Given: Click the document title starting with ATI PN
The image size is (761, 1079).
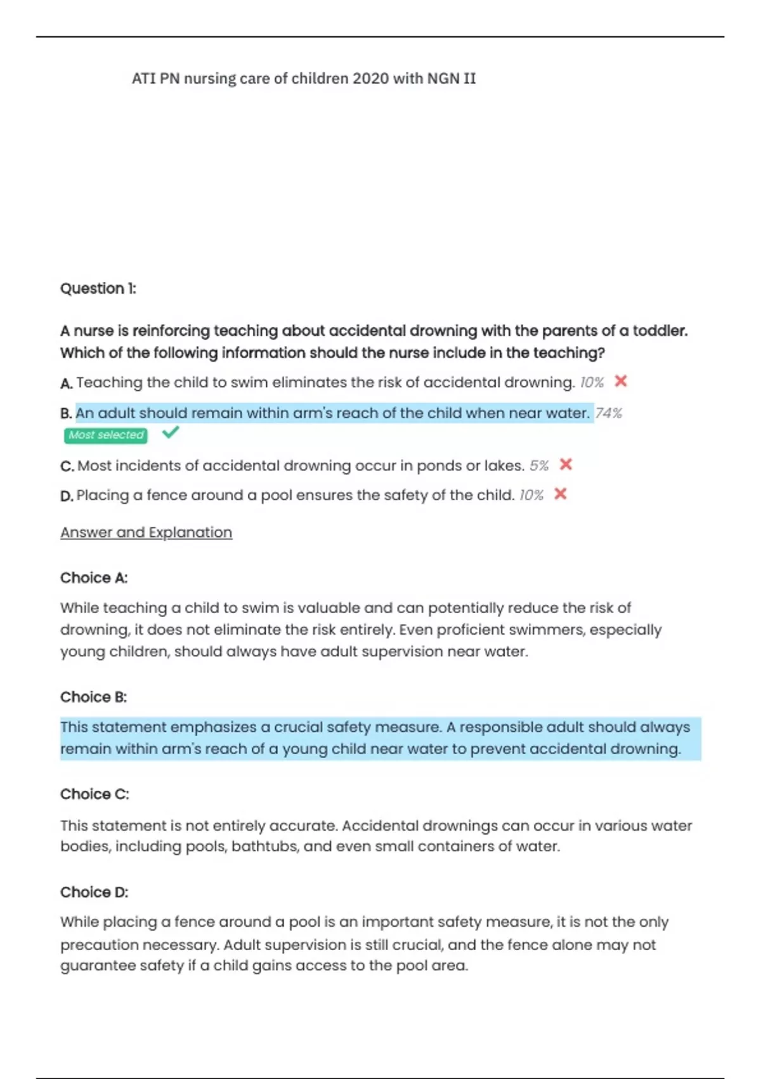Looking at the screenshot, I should click(304, 79).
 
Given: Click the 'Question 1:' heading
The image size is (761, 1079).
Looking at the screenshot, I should click(98, 289).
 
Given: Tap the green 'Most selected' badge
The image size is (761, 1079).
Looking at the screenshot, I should click(106, 435).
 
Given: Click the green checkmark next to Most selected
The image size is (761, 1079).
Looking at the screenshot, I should click(171, 433).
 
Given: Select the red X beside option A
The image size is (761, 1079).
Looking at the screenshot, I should click(621, 381).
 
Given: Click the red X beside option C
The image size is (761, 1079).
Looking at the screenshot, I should click(566, 465).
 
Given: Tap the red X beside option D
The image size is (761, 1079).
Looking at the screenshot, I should click(560, 494).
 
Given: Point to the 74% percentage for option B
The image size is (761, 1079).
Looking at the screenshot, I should click(609, 413).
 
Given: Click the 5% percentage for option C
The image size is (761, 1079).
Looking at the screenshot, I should click(539, 466).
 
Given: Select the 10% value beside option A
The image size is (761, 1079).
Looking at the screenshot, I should click(592, 383).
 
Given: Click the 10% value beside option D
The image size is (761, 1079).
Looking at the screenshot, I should click(531, 495).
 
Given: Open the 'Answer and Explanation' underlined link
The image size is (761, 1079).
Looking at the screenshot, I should click(146, 533).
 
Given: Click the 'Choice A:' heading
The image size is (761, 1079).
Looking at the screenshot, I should click(94, 578).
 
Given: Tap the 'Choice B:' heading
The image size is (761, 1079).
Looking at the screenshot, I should click(94, 698).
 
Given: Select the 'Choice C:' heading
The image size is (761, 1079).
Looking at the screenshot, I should click(94, 795).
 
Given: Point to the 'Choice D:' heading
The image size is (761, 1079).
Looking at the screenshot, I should click(94, 892).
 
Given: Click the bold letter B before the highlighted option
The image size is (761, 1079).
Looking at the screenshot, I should click(65, 414).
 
